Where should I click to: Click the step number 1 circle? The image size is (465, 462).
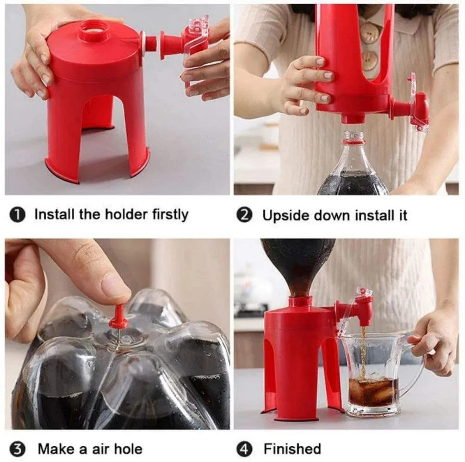tap(17, 215)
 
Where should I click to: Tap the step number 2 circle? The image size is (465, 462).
tap(244, 216)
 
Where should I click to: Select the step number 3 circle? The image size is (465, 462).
tap(17, 449)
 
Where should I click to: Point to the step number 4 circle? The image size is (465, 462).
tap(244, 449)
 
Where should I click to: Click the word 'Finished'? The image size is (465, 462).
tap(292, 449)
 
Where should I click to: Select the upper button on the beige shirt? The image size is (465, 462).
tap(370, 33)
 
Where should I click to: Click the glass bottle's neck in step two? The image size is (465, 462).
tap(354, 140)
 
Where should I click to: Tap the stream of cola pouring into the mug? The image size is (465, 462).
tap(363, 351)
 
